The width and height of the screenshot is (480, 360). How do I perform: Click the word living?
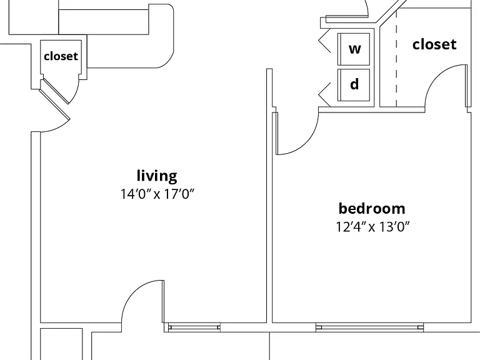point(157,176)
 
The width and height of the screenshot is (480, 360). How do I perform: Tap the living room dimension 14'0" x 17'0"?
point(157,194)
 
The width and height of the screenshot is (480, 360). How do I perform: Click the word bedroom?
point(372,209)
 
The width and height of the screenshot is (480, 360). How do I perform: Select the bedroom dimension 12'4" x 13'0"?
point(372,227)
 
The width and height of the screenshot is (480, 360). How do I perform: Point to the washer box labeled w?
point(354,49)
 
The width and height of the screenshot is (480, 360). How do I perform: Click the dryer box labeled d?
point(354,85)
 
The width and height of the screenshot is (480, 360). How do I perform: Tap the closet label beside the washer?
point(434,44)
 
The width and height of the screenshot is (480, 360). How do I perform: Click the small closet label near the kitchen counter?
point(61,56)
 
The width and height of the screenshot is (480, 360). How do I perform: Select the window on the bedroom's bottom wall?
point(369,327)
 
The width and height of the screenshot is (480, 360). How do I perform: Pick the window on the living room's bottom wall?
point(194,327)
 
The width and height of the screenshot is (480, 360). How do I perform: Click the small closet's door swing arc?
point(76,93)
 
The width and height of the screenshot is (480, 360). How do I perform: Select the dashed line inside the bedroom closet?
point(396,58)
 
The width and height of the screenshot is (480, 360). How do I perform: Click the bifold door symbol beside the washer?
point(324,40)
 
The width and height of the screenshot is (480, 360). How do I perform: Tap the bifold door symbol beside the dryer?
point(324,94)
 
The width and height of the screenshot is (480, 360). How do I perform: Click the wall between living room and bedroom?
point(269,196)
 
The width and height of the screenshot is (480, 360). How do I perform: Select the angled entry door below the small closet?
point(54,105)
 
